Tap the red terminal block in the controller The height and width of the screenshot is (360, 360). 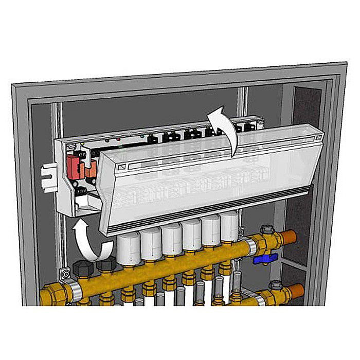(x=74, y=165)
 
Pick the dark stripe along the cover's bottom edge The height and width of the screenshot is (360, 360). (x=216, y=204)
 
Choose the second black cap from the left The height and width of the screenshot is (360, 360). (x=106, y=264)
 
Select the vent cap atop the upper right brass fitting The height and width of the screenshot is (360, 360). (x=266, y=229)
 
